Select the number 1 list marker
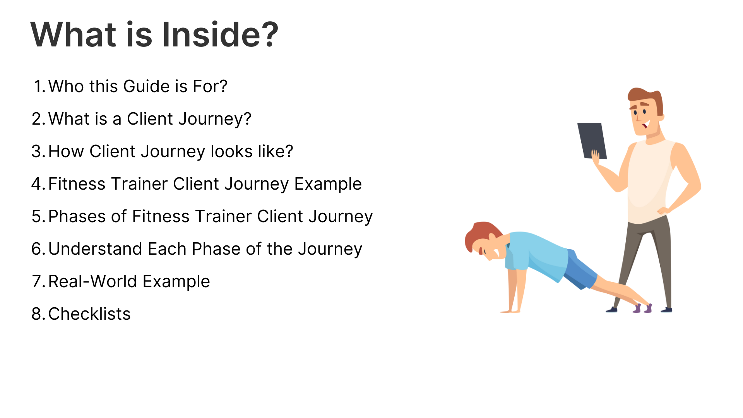coord(40,86)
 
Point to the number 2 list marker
coord(39,119)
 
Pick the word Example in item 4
coord(328,184)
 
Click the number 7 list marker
coord(39,281)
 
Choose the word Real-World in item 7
coord(93,281)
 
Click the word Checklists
coord(89,314)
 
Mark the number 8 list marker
coord(39,314)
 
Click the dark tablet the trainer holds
coord(592,140)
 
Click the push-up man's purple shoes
coord(642,308)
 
